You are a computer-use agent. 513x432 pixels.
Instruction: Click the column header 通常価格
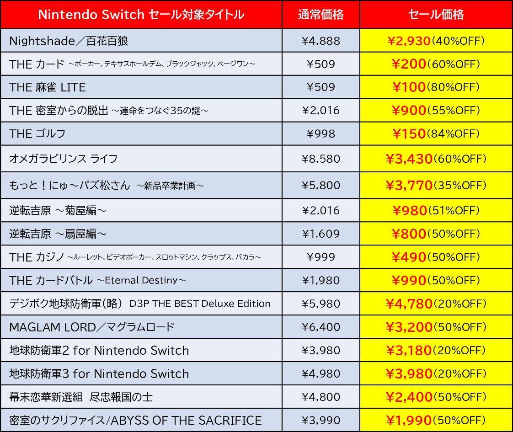321,15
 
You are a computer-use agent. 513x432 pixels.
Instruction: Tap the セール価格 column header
436,15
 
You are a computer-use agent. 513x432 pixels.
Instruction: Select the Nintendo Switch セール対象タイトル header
141,15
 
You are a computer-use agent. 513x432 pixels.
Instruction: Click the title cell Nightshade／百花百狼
69,41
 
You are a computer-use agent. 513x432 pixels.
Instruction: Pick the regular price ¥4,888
321,41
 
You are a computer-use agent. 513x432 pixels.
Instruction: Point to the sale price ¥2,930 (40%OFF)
436,41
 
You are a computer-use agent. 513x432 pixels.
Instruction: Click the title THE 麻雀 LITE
48,87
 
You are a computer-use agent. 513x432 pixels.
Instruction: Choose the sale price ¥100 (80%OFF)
436,87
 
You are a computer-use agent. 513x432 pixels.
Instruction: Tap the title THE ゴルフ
37,133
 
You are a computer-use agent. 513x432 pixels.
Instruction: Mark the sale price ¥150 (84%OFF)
436,133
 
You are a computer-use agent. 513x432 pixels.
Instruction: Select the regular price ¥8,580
321,159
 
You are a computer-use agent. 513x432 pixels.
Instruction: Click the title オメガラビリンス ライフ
64,159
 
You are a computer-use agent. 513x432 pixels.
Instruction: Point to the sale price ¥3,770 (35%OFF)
436,185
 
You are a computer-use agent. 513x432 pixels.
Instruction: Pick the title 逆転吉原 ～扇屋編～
58,234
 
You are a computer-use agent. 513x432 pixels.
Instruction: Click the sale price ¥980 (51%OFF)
436,210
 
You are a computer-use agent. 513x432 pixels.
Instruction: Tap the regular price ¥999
321,257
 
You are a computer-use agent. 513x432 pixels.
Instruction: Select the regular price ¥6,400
321,327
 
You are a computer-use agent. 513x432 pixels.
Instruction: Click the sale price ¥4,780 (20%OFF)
436,304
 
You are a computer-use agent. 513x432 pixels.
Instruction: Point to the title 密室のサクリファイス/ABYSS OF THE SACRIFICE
135,420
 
